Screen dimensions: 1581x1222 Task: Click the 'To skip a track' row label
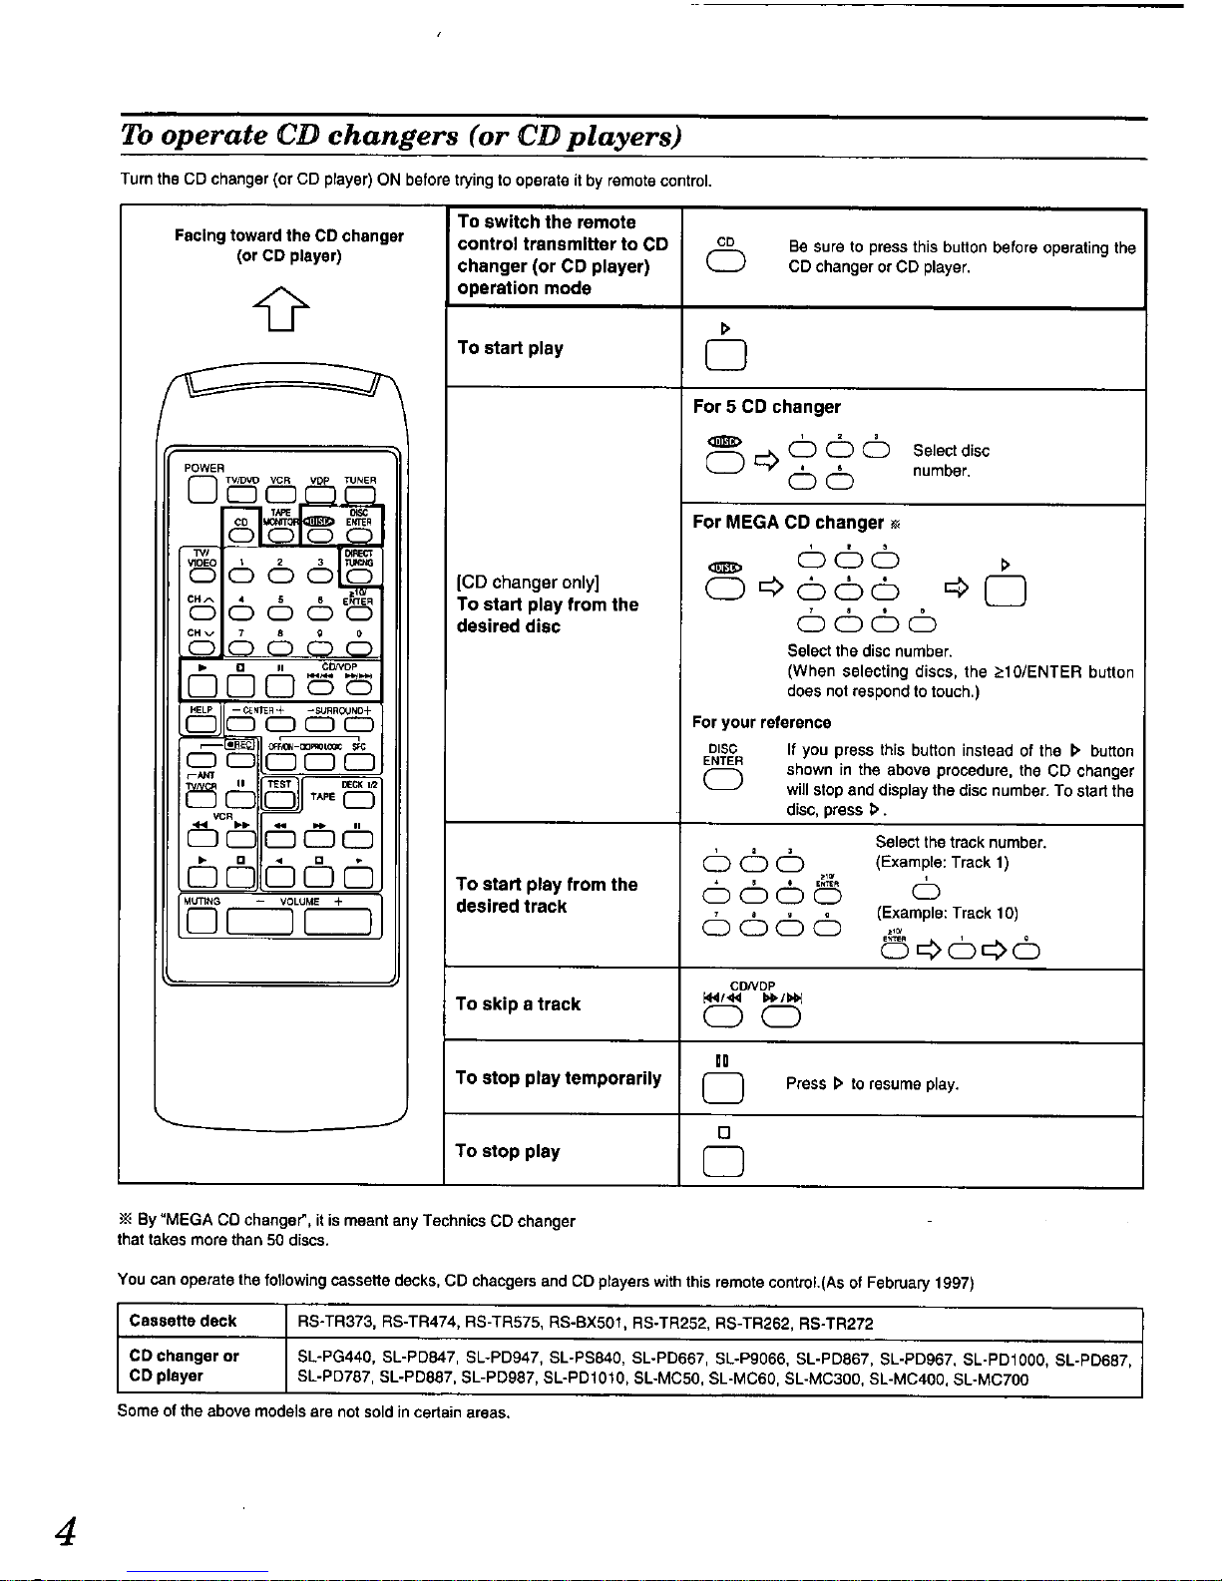click(x=518, y=1004)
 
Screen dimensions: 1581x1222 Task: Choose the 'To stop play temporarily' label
click(x=558, y=1078)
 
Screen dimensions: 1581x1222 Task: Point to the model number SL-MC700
click(x=991, y=1380)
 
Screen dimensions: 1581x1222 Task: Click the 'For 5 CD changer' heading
click(x=766, y=407)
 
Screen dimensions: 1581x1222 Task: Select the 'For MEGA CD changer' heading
click(x=787, y=523)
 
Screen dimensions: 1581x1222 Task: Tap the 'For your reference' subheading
click(x=761, y=722)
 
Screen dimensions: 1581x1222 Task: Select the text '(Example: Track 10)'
click(x=946, y=913)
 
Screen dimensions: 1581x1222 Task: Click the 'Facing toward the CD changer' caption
click(x=288, y=236)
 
